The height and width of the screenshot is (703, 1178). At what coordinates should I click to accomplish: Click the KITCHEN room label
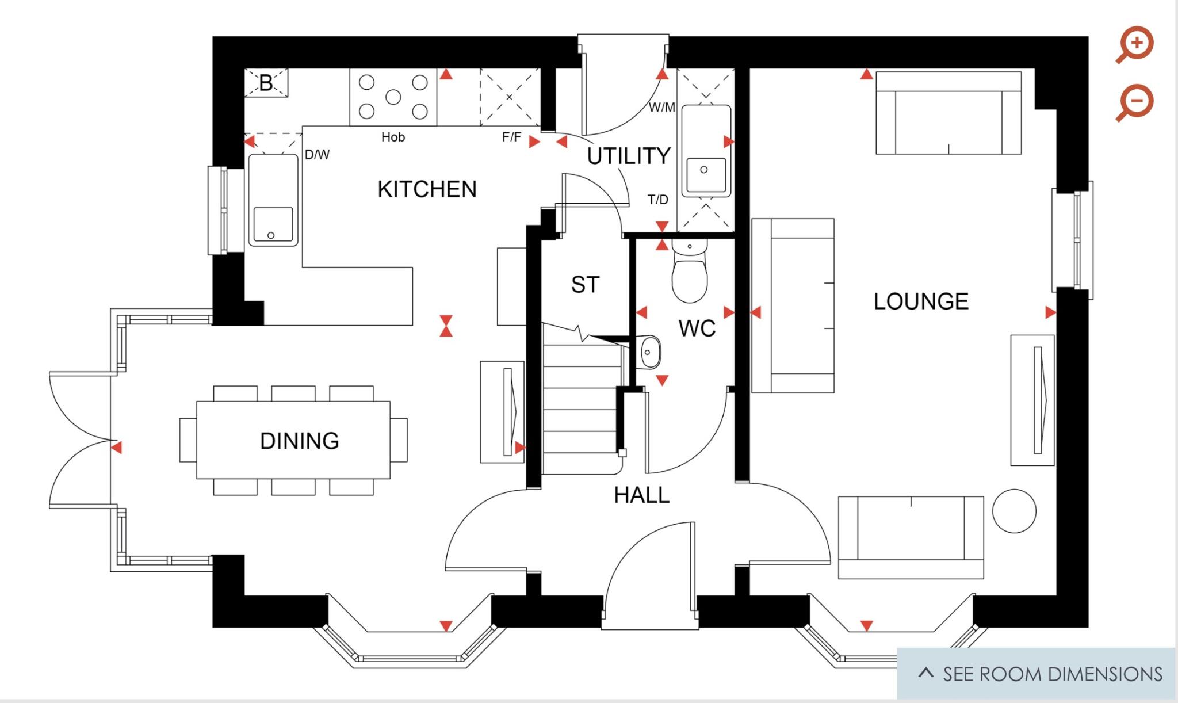[x=427, y=189]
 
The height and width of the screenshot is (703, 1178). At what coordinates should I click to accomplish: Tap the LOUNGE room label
[x=921, y=301]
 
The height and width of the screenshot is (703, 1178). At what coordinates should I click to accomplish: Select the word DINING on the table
[x=299, y=441]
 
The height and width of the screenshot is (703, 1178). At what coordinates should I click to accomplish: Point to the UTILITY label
[x=629, y=156]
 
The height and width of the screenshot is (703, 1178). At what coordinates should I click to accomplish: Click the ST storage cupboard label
[x=585, y=285]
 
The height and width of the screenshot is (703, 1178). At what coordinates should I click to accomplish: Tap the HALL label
[x=641, y=495]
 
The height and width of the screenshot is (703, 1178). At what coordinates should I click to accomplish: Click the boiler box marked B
[x=266, y=83]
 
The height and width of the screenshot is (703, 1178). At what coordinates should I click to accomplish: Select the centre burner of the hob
[x=393, y=97]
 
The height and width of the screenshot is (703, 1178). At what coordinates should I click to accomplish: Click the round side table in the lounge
[x=1014, y=511]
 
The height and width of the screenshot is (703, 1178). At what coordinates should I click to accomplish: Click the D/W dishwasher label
[x=317, y=155]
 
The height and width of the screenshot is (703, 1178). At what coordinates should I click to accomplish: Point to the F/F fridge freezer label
[x=511, y=137]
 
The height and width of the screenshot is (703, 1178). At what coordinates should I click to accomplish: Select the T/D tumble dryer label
[x=657, y=200]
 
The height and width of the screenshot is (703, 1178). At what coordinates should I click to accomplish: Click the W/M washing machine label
[x=661, y=108]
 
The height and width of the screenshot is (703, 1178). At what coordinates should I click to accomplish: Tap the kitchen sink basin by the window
[x=273, y=224]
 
